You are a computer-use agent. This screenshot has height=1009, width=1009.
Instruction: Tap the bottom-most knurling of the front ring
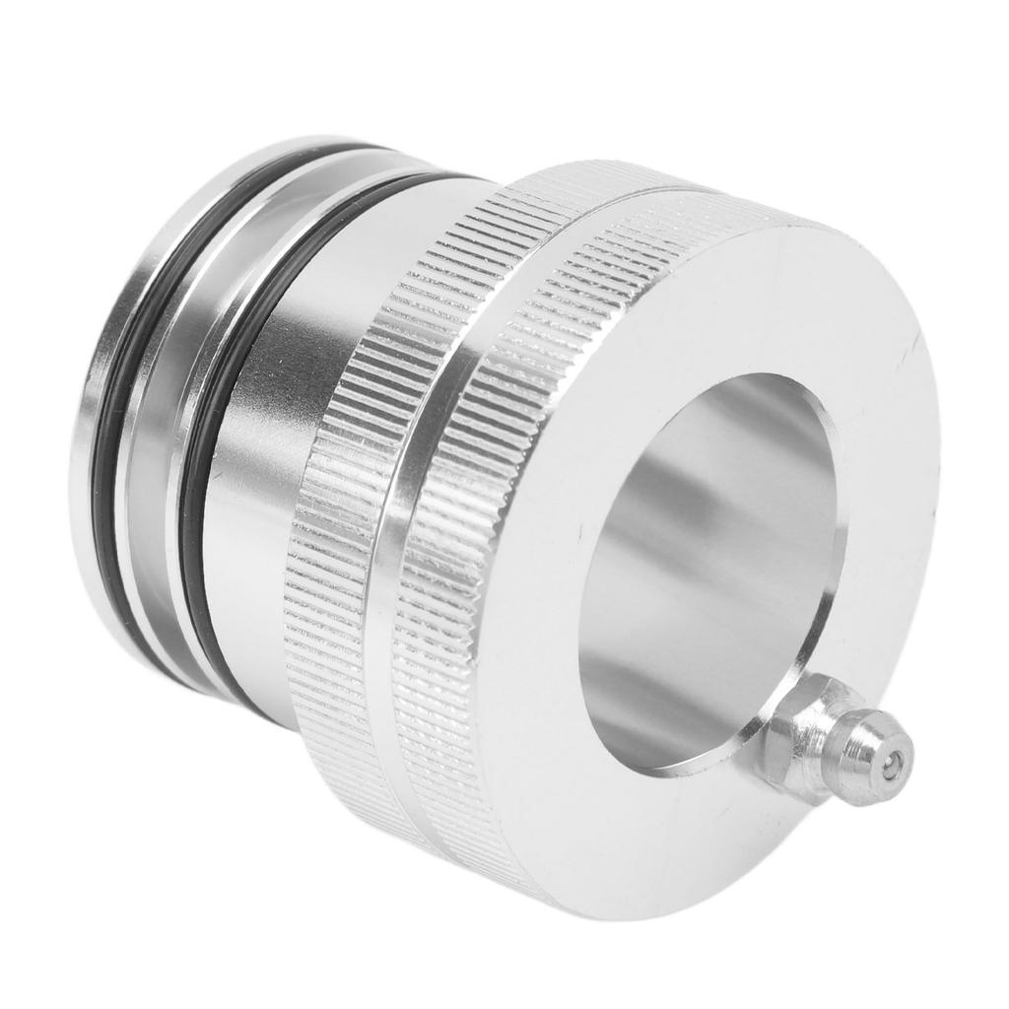pyautogui.click(x=512, y=867)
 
